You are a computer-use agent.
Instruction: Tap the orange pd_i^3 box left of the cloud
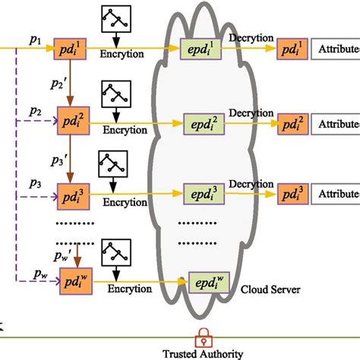point(74,196)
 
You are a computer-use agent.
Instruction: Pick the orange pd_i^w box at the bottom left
point(74,284)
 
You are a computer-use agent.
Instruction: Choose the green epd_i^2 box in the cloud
point(201,122)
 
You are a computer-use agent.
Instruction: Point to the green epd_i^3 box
point(201,193)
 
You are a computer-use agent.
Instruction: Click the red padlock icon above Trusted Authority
point(203,335)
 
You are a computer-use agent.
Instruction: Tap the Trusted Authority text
point(203,353)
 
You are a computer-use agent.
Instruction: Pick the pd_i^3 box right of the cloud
point(292,194)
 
